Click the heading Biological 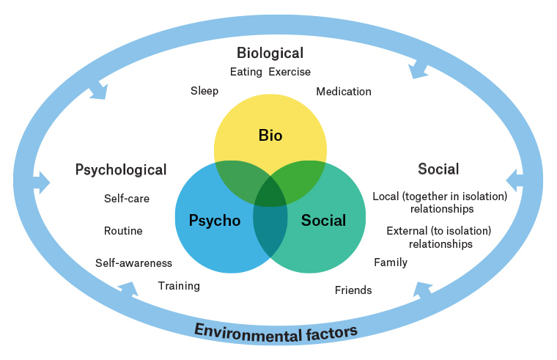270,53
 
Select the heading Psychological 121,170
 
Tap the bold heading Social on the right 438,169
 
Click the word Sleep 204,91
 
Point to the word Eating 246,72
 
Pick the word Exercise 289,72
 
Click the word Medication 344,92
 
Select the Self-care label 127,199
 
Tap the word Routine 123,231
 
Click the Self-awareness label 133,263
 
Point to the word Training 179,286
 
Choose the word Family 391,262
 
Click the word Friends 353,290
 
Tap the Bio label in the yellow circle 270,136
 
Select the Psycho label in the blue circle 215,221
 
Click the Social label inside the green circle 323,221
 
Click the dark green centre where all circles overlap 270,192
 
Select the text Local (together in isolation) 440,196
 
